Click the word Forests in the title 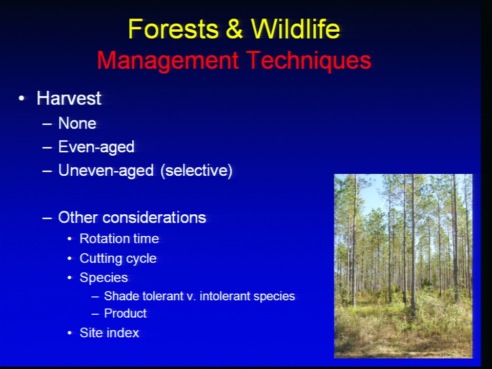(x=173, y=29)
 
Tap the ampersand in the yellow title (x=234, y=29)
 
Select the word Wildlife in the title (x=296, y=29)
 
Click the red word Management (x=168, y=61)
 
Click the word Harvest (x=69, y=98)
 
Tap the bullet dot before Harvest (x=22, y=98)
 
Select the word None (x=77, y=124)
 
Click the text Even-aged (x=96, y=147)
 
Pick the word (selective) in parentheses (x=196, y=171)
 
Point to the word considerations (x=154, y=217)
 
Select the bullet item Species (x=104, y=278)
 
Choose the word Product (x=125, y=314)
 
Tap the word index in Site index (x=124, y=333)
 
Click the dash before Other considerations (x=47, y=218)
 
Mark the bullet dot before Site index (x=70, y=333)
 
